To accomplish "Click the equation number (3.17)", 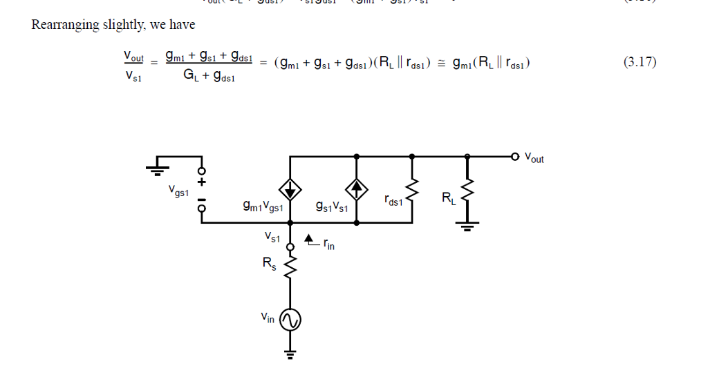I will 640,63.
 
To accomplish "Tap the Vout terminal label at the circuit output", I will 534,158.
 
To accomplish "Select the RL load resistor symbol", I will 468,191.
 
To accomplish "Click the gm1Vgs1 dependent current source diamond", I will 290,188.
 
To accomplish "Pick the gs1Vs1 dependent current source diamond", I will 357,188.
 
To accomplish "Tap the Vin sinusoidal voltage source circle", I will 290,319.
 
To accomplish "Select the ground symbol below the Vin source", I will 290,354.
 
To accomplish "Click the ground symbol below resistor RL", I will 468,226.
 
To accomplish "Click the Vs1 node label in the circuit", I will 272,237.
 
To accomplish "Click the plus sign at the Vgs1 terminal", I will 202,183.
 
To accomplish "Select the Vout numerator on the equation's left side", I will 134,55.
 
